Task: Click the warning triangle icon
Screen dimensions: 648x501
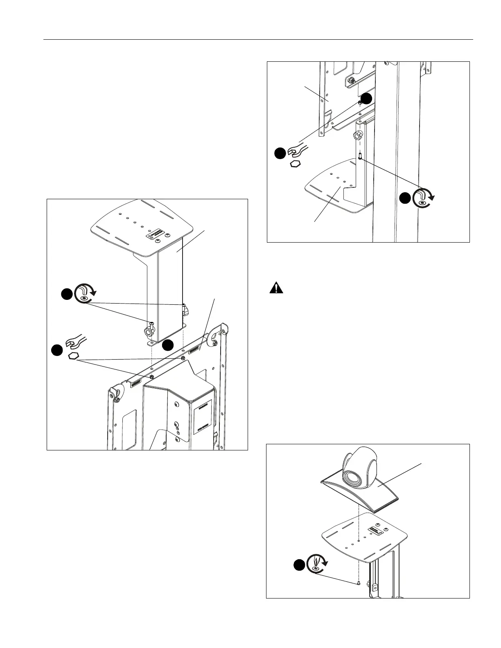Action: click(x=277, y=288)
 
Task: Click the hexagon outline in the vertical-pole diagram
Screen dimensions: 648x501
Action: click(x=295, y=164)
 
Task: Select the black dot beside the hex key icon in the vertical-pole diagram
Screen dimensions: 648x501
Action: click(x=404, y=198)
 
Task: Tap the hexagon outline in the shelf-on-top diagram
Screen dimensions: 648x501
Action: click(x=73, y=355)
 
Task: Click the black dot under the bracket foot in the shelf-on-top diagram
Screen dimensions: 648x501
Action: click(x=168, y=346)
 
